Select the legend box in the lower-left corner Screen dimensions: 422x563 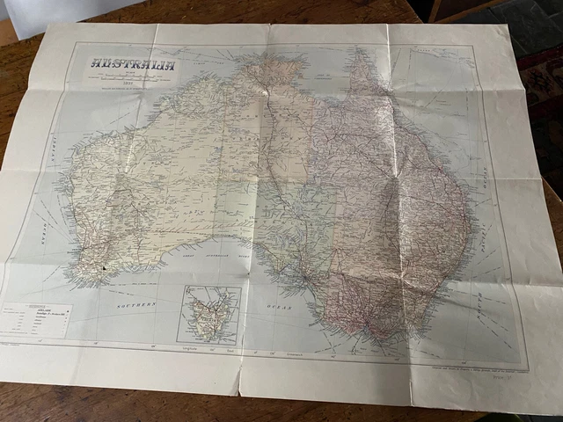point(36,321)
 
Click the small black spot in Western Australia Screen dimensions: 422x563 point(104,266)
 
